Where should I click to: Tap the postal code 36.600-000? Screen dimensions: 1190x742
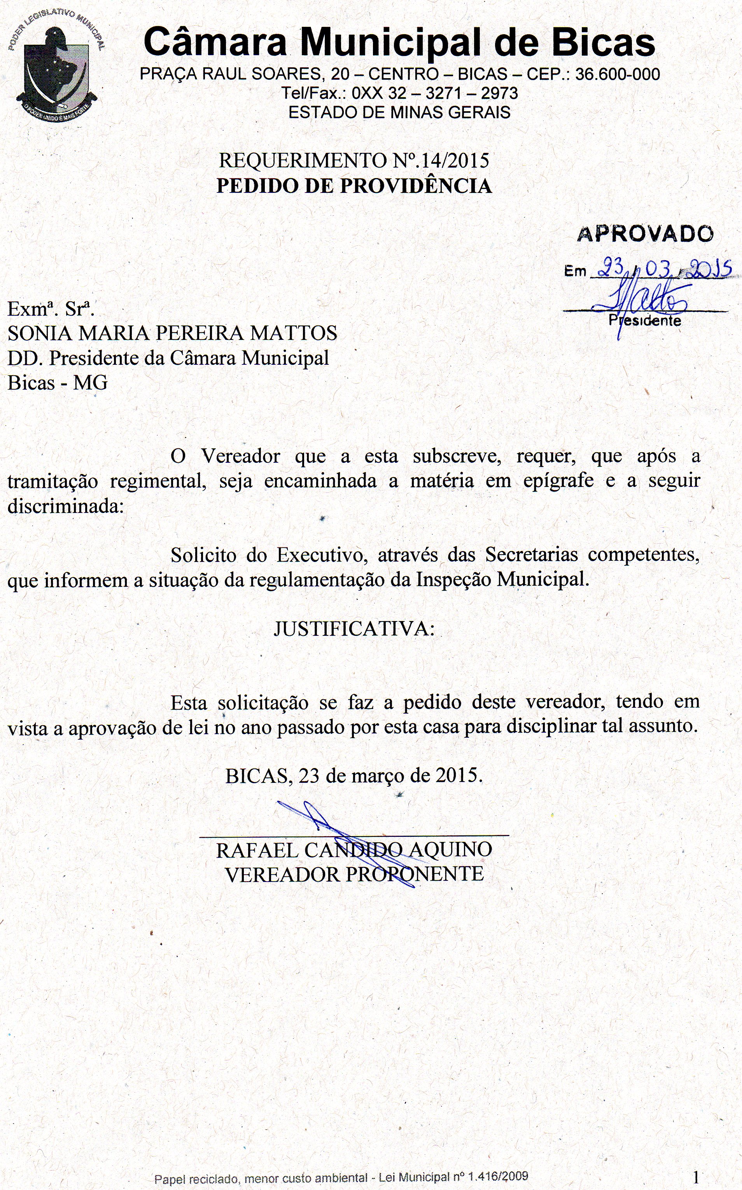pos(617,74)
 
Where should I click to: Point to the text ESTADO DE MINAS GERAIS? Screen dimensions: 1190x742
pos(399,112)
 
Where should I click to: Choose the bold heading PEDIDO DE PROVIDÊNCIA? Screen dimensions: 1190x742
pos(354,186)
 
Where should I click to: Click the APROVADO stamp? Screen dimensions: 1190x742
pos(645,234)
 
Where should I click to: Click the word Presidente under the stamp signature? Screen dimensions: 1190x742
pos(645,320)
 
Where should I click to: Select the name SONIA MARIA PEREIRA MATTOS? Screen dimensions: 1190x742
pos(172,333)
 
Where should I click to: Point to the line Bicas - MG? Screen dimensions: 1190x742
pos(58,383)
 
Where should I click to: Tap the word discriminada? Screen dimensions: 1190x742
pos(66,506)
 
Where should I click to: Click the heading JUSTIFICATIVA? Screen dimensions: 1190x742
pos(354,628)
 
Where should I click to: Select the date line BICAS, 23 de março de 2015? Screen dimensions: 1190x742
pos(354,776)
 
